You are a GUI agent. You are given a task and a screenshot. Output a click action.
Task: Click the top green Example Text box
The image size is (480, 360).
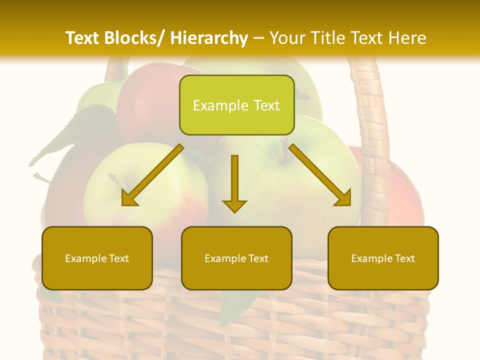(236, 105)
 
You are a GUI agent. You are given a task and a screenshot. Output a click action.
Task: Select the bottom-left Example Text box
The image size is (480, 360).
(97, 258)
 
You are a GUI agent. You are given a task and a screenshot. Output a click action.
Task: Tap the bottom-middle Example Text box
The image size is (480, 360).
(236, 258)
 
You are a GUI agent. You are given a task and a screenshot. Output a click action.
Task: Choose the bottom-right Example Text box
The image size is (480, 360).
(383, 258)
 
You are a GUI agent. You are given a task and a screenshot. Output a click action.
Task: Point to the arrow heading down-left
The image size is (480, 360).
(152, 175)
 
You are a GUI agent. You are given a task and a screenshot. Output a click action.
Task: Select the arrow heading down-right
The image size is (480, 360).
(320, 175)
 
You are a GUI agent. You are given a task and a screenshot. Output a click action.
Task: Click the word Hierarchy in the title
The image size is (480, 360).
(209, 38)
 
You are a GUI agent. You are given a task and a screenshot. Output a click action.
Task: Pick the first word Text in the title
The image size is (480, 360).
(83, 38)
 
